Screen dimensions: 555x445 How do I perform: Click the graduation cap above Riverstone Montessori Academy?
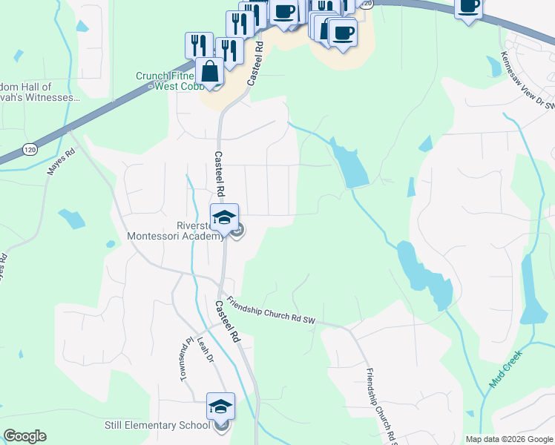click(x=224, y=217)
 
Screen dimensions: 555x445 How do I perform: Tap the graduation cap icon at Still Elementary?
click(x=220, y=406)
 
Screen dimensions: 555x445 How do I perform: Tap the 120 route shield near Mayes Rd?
click(x=29, y=149)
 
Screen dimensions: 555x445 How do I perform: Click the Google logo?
click(x=24, y=436)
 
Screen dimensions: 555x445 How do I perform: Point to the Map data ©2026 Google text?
click(x=508, y=439)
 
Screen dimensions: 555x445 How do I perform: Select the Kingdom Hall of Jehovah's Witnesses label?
click(x=45, y=92)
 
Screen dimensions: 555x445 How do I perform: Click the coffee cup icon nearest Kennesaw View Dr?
click(x=468, y=7)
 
